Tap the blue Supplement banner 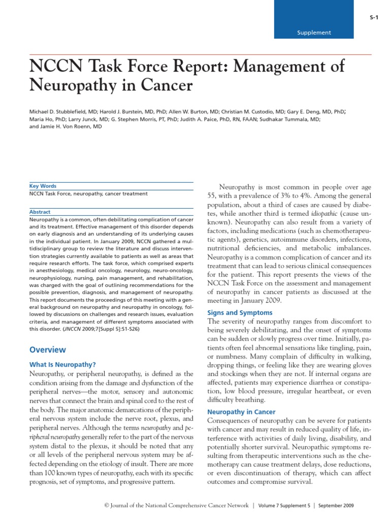point(313,32)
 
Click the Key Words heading point(43,186)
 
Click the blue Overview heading point(47,349)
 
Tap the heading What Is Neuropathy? point(62,364)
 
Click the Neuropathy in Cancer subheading point(242,412)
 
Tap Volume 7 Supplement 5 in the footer point(283,505)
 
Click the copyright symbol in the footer point(107,505)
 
